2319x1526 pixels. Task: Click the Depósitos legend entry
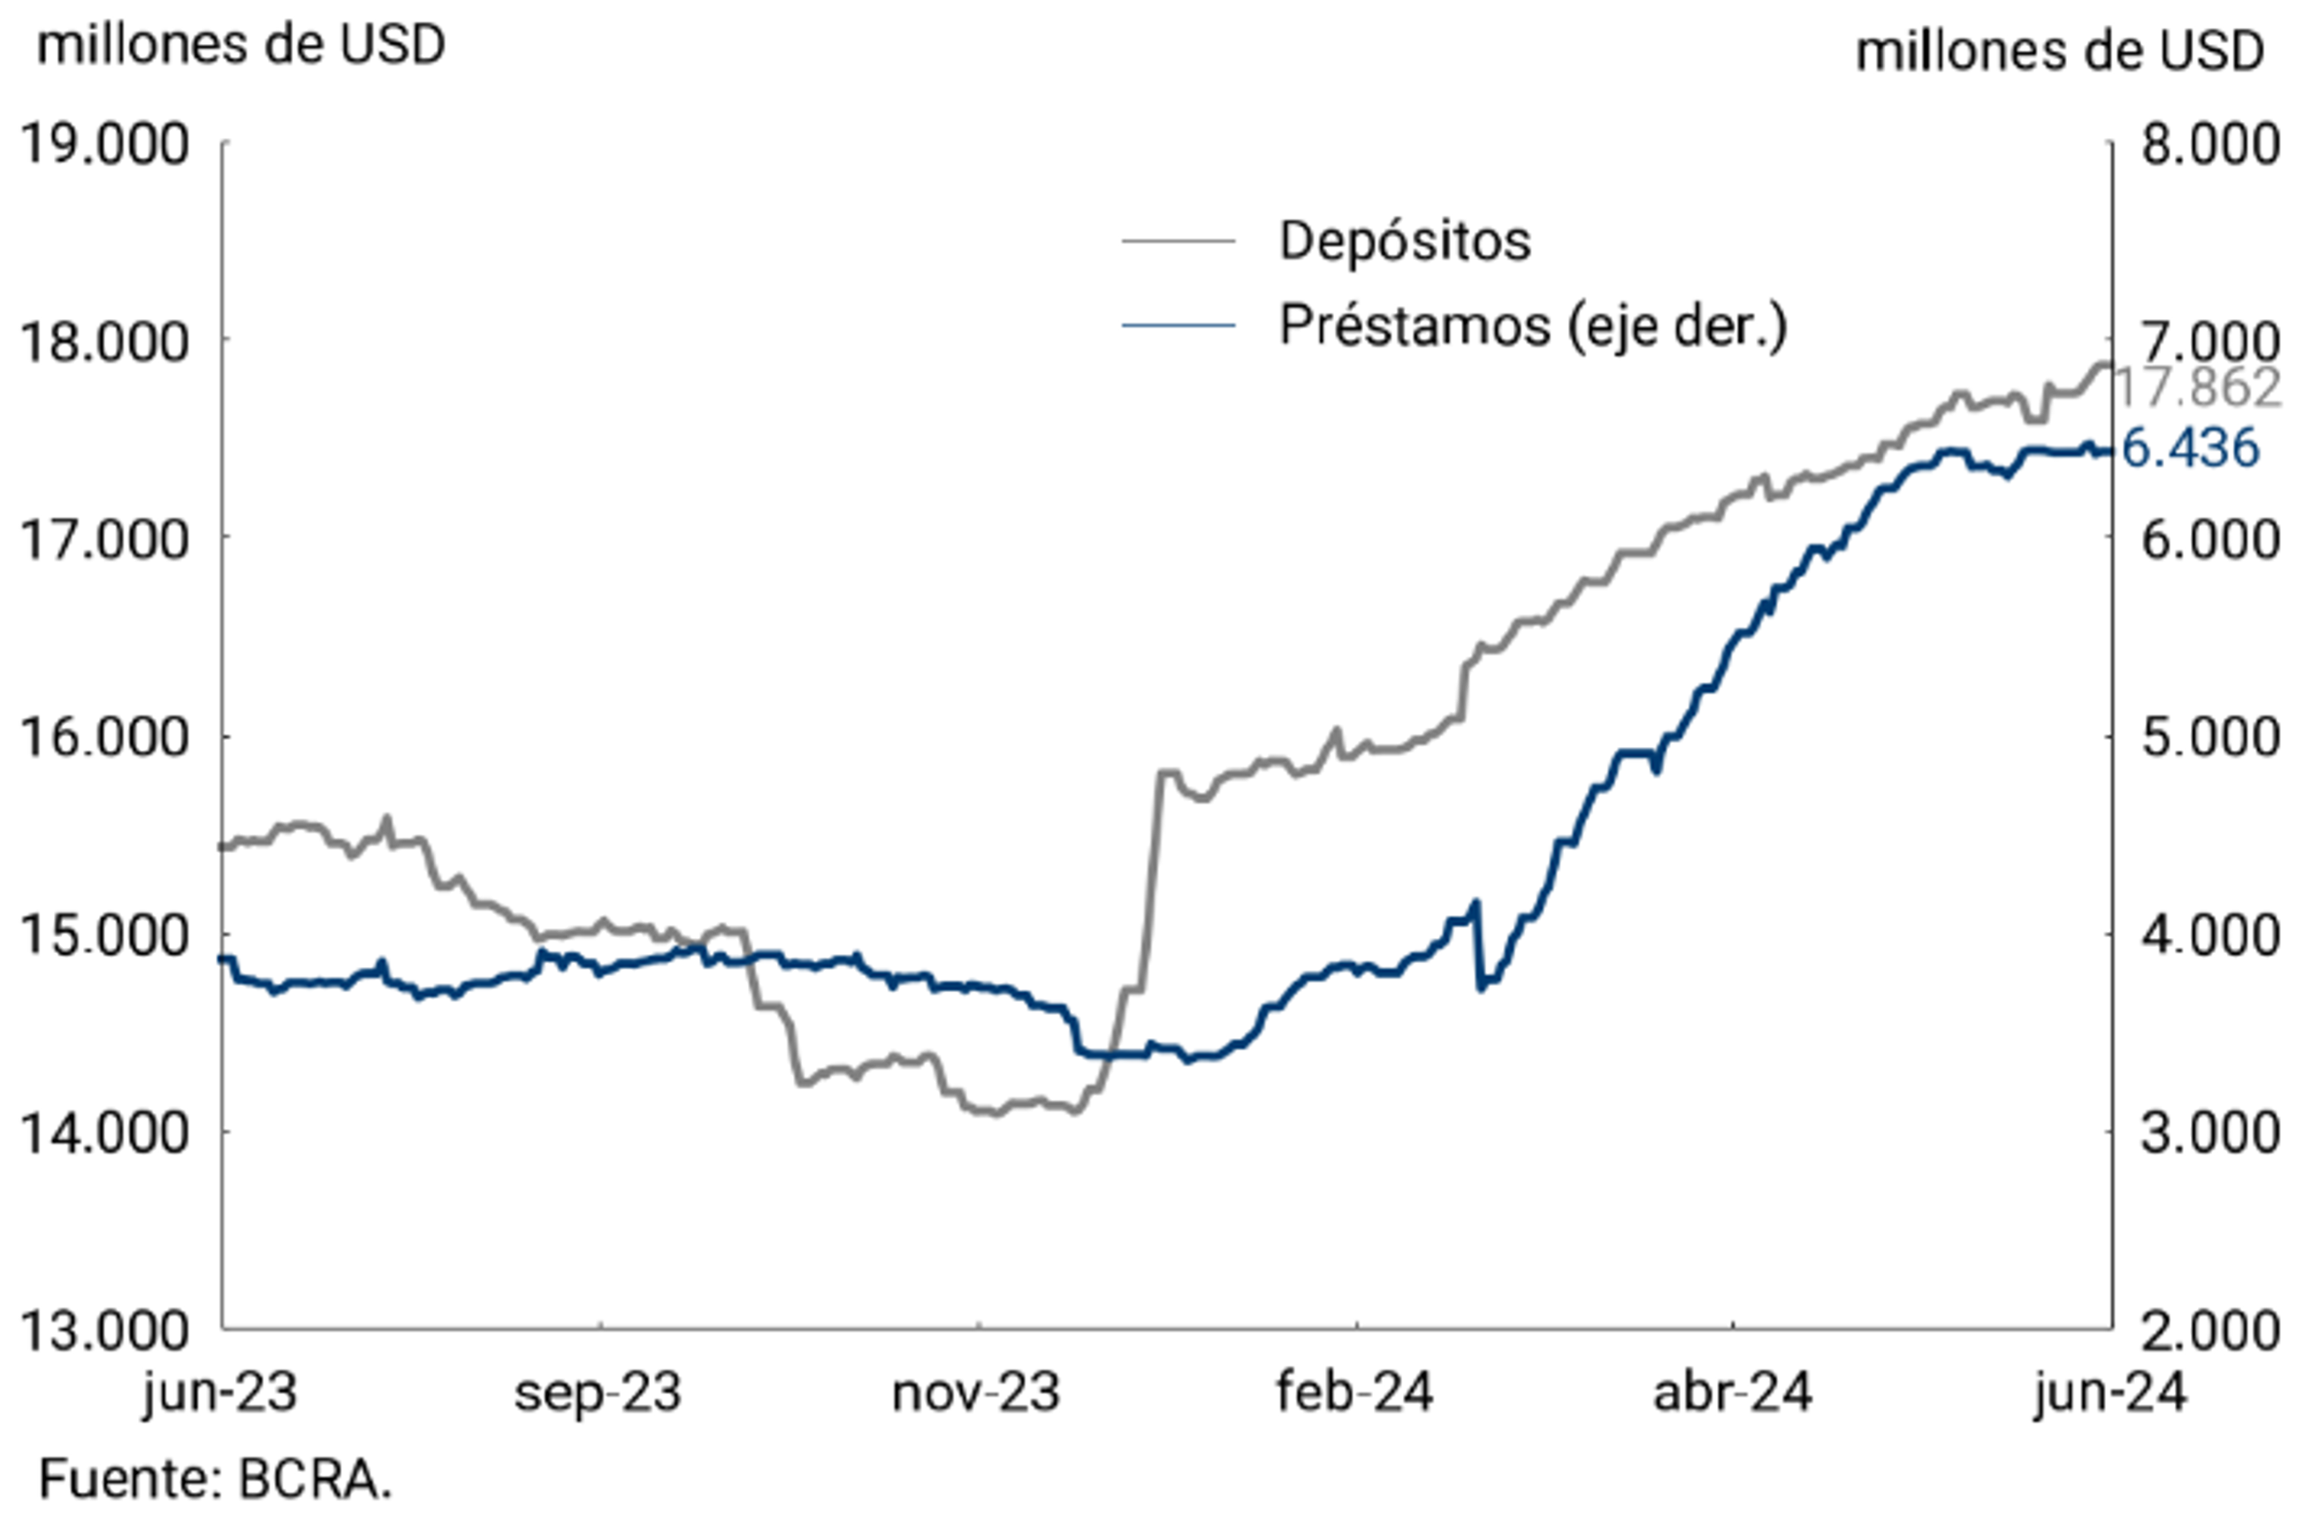pyautogui.click(x=1403, y=240)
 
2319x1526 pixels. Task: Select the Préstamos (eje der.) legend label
pyautogui.click(x=1532, y=325)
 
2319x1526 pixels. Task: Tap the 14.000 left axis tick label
pyautogui.click(x=104, y=1133)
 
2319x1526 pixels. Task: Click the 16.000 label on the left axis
pyautogui.click(x=104, y=737)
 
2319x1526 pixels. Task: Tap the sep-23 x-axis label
pyautogui.click(x=598, y=1392)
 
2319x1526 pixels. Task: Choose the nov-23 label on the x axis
pyautogui.click(x=975, y=1392)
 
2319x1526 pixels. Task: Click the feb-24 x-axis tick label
pyautogui.click(x=1354, y=1392)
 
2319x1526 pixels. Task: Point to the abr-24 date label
pyautogui.click(x=1733, y=1392)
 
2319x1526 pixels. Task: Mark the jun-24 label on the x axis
pyautogui.click(x=2109, y=1392)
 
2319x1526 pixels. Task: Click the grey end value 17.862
pyautogui.click(x=2198, y=388)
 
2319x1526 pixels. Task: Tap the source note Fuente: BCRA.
pyautogui.click(x=216, y=1479)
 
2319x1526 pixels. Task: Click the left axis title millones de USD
pyautogui.click(x=240, y=45)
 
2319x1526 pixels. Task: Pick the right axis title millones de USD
pyautogui.click(x=2059, y=50)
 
